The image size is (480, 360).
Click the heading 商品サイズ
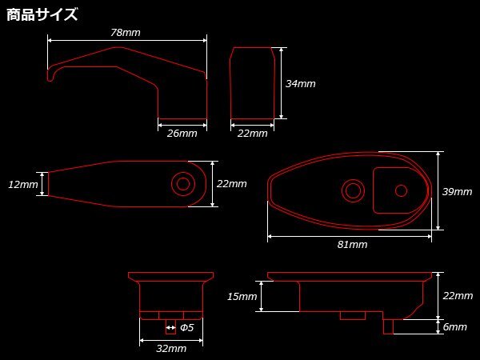click(42, 14)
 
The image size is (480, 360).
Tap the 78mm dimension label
click(126, 33)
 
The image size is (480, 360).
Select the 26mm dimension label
click(182, 133)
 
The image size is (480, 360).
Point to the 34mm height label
click(300, 83)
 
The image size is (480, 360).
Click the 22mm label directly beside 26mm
click(253, 133)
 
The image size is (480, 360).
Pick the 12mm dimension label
click(23, 184)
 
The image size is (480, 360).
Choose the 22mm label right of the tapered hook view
click(232, 184)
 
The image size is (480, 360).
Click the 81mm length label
click(352, 244)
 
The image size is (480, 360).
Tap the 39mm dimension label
click(458, 192)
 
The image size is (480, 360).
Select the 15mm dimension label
click(242, 296)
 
